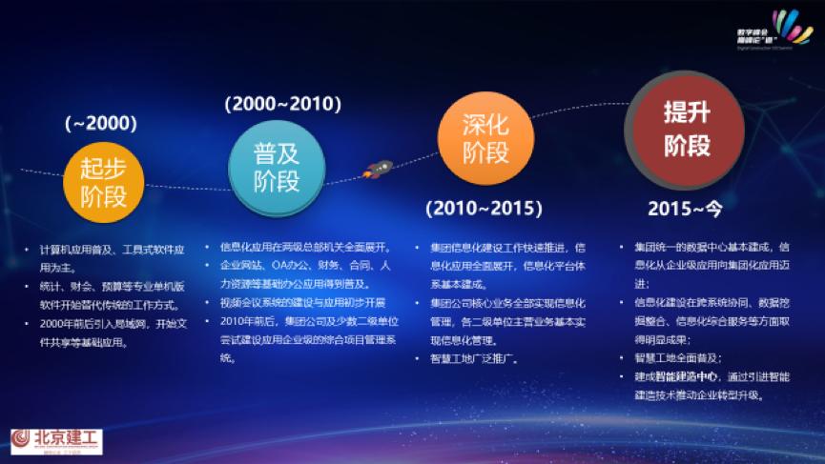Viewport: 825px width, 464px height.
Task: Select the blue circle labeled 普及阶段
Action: point(277,167)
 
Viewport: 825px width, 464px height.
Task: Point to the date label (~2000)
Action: point(101,123)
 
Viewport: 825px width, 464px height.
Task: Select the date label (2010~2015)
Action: point(485,208)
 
